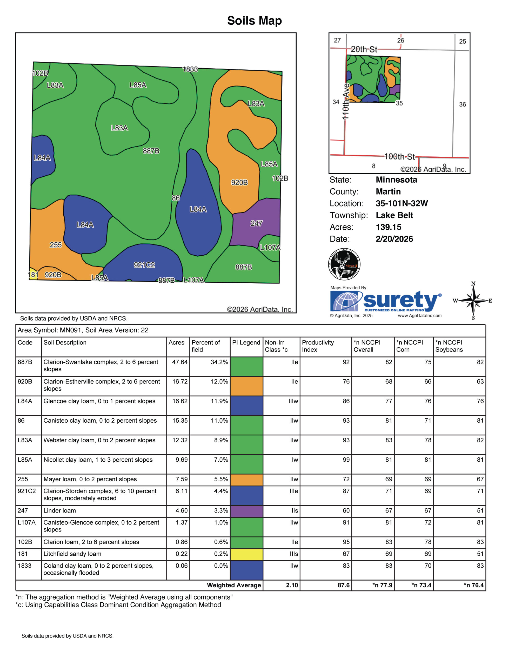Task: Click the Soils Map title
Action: point(254,21)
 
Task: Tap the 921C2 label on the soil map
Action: point(144,265)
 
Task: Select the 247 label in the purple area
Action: point(256,223)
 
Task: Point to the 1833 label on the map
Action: point(190,69)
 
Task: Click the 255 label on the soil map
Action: point(56,245)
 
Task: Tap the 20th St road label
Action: point(364,49)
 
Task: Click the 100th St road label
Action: point(399,157)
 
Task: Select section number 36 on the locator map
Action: point(462,104)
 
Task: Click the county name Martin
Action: point(388,191)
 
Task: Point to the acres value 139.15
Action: point(388,227)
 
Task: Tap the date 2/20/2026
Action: point(394,239)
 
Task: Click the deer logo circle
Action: point(344,264)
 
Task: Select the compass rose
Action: point(473,301)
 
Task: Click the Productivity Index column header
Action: point(318,346)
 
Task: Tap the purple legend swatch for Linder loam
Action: point(246,511)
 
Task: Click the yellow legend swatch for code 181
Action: point(246,554)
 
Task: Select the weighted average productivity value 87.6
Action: point(343,585)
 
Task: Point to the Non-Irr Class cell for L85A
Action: point(295,460)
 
